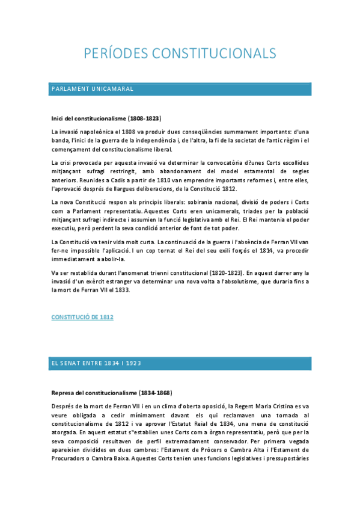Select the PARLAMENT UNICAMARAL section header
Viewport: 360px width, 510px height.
pos(92,89)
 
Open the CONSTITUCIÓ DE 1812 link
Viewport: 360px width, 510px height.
pos(82,316)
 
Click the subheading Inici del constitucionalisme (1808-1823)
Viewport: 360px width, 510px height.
pos(106,118)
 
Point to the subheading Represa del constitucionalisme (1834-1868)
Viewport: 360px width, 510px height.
pos(112,393)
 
